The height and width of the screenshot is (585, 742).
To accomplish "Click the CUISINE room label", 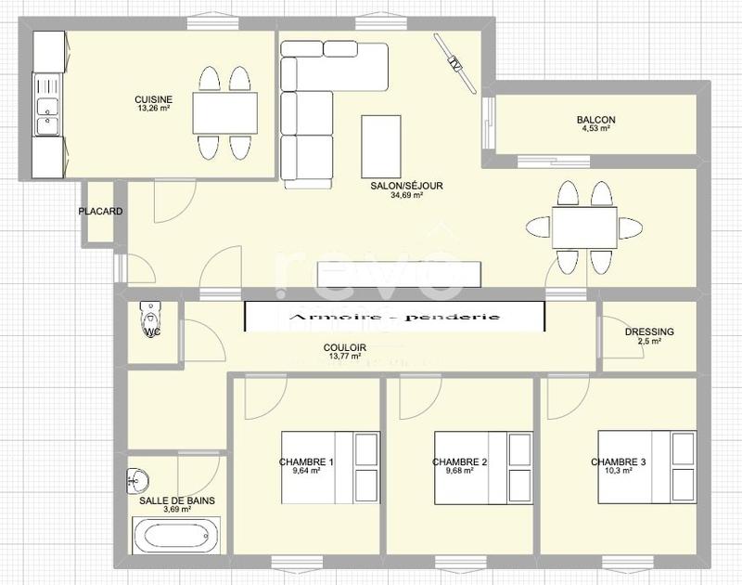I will coord(152,99).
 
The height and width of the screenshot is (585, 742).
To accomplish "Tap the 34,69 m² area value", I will coord(406,196).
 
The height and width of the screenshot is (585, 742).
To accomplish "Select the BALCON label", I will coord(595,120).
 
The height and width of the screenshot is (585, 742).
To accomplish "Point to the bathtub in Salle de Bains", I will coord(176,536).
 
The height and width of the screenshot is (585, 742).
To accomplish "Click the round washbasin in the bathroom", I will coord(135,481).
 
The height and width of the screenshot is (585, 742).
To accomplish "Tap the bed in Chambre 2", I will coord(483,467).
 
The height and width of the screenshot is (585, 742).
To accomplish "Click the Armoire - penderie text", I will coord(394,318).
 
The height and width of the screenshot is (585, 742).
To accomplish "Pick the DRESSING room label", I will coord(649,331).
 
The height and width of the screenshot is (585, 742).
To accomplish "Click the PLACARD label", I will coord(100,212).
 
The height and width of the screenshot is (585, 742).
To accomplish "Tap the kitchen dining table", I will coord(224,113).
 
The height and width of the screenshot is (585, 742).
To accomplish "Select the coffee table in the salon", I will coord(381,145).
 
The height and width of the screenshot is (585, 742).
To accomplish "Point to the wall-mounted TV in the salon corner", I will coord(454,63).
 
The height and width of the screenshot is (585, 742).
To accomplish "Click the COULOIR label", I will coord(345,347).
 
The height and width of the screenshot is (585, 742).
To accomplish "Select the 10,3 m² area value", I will coord(618,471).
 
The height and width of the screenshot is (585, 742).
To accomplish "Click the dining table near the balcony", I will coord(584,227).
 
